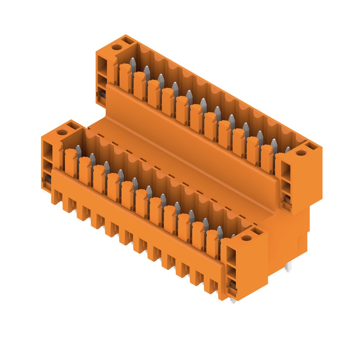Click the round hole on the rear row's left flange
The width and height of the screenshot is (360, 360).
(x=116, y=47)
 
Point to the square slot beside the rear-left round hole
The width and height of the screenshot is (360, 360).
(x=127, y=42)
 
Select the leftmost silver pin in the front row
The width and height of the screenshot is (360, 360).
(x=78, y=149)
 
